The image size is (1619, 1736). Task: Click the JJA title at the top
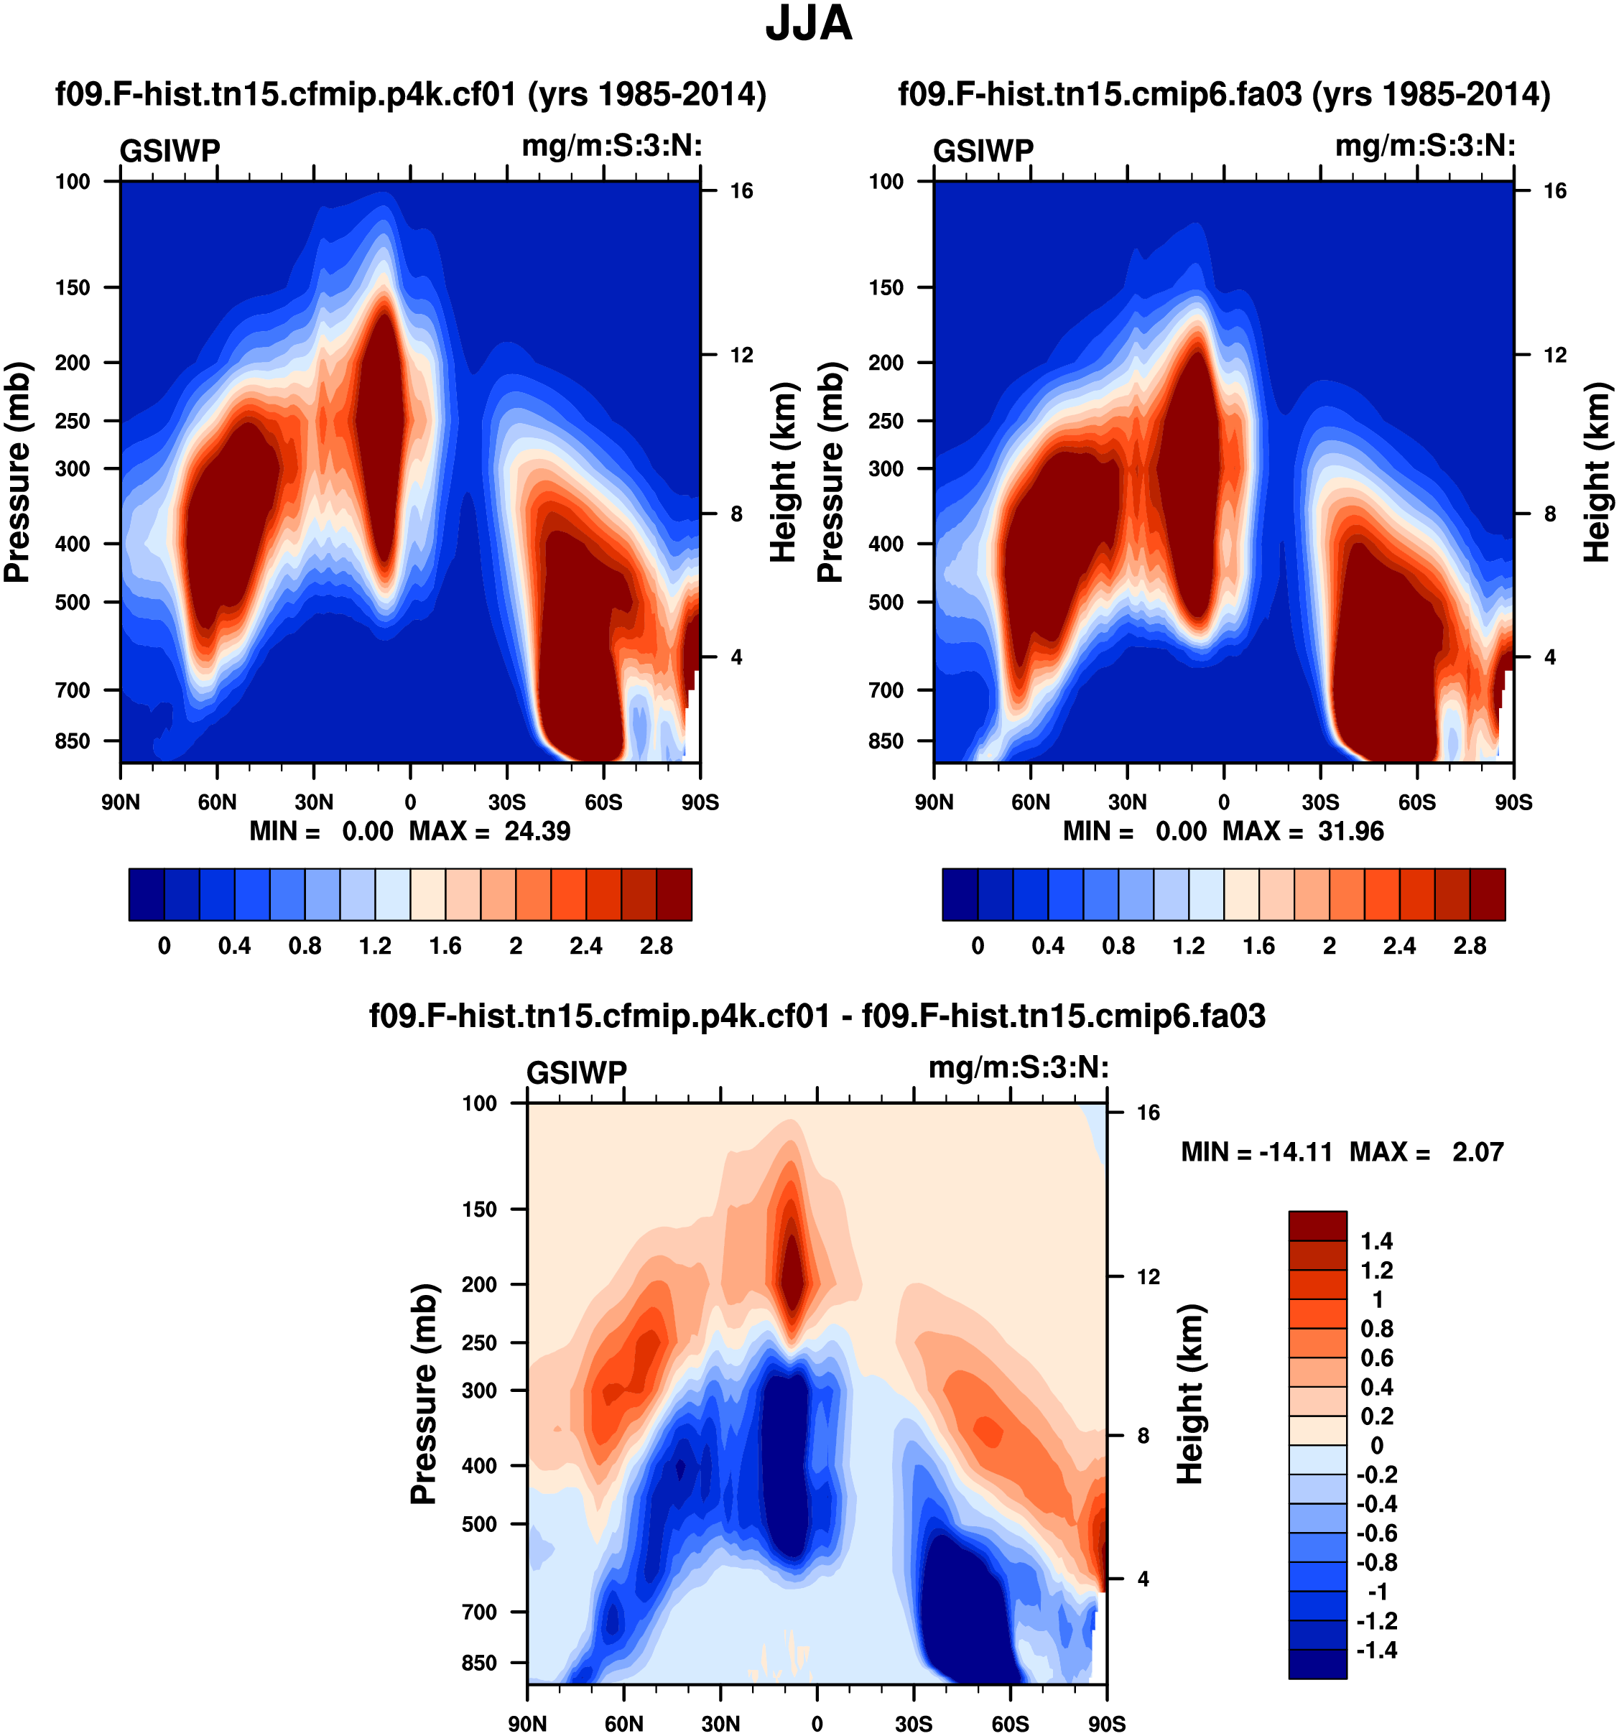coord(808,24)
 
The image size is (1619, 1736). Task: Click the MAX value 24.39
coord(537,830)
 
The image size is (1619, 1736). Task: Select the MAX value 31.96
coord(1351,830)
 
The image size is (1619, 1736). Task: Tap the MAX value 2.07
coord(1477,1152)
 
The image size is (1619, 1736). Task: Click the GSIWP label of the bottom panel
coord(576,1072)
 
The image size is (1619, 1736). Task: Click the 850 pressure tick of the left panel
coord(73,741)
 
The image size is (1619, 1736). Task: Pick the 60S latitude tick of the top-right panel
coord(1416,802)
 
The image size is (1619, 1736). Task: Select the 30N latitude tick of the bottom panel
coord(720,1723)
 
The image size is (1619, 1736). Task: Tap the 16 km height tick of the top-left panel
coord(741,191)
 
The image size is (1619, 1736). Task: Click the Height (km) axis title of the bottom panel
coord(1190,1393)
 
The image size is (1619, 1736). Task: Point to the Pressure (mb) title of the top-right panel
coord(830,472)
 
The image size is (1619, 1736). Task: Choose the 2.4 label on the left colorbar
coord(586,946)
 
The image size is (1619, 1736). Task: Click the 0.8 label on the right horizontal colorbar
coord(1118,946)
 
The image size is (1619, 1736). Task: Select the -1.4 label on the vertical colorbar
coord(1376,1650)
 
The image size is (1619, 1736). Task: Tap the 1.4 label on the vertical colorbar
coord(1376,1241)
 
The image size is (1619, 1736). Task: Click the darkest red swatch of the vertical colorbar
coord(1317,1226)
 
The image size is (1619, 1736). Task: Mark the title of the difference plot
coord(817,1016)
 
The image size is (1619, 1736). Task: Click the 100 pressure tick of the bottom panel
coord(479,1104)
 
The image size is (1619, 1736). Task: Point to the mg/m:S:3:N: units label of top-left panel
coord(612,146)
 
